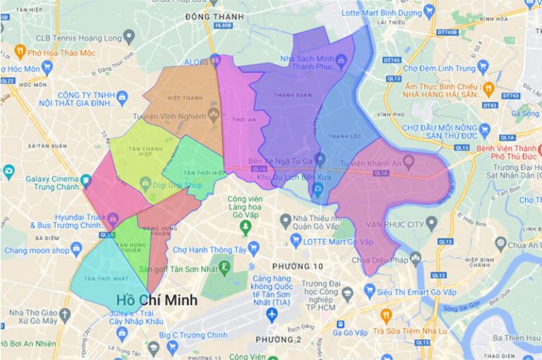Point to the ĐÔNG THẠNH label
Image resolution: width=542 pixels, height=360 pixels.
[214, 16]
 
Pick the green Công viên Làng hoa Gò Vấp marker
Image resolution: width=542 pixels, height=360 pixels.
[246, 227]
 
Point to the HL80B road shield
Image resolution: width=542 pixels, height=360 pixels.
[223, 26]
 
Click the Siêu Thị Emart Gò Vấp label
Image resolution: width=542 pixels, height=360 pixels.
[409, 289]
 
